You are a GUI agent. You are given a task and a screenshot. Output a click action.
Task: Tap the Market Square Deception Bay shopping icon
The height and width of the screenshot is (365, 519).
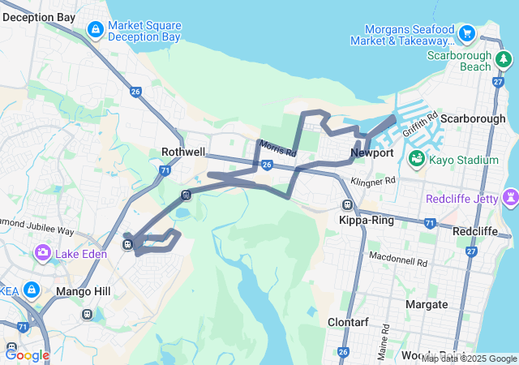96,30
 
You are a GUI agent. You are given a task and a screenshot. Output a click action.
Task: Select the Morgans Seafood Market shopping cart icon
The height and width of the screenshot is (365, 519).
466,33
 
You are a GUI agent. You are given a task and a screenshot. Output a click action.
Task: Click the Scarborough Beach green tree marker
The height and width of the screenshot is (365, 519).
504,59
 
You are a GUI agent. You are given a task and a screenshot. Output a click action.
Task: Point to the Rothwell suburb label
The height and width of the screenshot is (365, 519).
184,152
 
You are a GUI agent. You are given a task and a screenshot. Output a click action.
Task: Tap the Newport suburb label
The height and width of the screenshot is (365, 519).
372,152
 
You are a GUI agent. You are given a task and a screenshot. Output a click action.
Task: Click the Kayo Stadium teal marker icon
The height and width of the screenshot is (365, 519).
417,159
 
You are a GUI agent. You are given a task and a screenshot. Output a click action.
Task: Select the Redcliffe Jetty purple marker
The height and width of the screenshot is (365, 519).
510,197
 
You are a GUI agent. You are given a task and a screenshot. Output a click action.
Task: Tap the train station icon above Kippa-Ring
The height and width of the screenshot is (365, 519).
348,205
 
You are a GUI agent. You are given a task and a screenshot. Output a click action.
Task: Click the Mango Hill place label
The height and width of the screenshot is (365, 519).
79,290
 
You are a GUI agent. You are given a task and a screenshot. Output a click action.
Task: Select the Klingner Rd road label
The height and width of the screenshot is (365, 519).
373,180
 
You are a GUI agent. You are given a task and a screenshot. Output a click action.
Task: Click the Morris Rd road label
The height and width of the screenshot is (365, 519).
278,148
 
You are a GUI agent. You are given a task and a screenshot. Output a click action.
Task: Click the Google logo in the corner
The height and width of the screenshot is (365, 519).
28,354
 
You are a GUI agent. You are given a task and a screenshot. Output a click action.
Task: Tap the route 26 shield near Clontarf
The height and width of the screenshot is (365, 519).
343,352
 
